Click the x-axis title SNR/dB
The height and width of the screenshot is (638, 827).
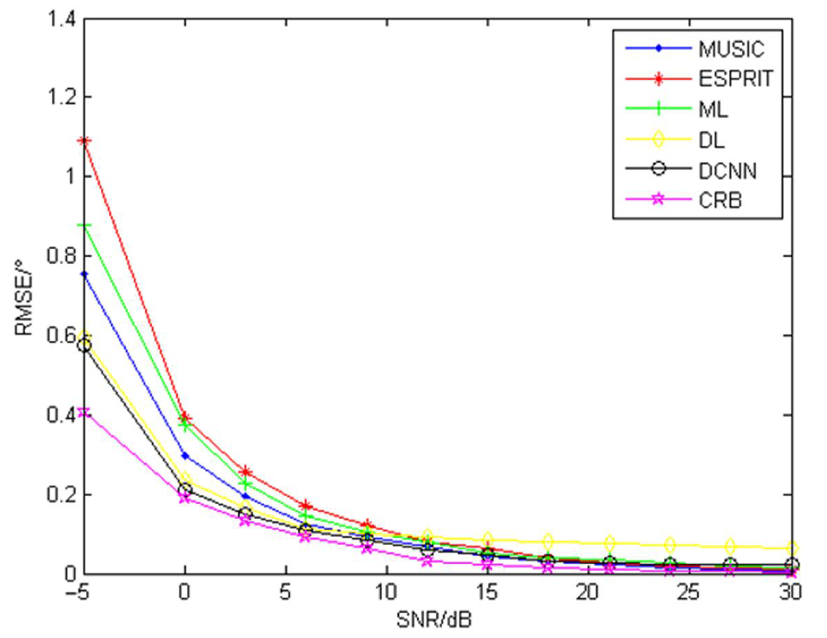pos(434,620)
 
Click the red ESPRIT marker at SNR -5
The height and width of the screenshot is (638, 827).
pos(85,142)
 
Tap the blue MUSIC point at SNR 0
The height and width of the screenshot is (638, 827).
pos(185,456)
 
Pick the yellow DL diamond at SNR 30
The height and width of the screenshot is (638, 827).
pos(792,548)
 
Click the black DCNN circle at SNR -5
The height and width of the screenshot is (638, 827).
pos(85,346)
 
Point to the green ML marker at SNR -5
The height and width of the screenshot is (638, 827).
pos(85,226)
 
